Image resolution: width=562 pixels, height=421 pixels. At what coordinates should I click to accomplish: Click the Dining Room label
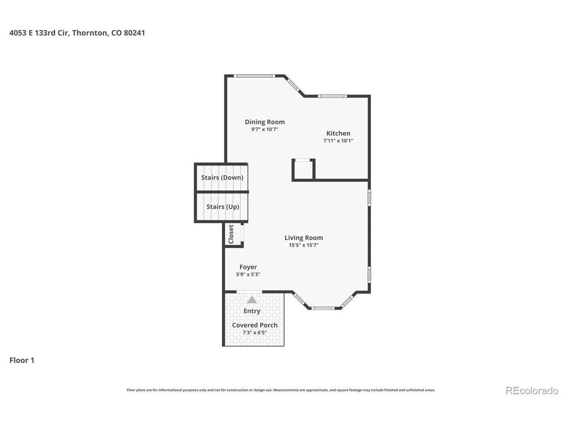coord(264,122)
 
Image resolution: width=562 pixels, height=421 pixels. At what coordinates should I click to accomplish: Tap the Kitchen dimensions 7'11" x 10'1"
coord(338,140)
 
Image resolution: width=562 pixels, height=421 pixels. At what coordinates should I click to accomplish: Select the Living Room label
coord(303,238)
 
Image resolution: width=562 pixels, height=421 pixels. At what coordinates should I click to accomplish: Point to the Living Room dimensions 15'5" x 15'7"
coord(303,245)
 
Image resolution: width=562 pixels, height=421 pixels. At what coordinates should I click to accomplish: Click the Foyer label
coord(248,267)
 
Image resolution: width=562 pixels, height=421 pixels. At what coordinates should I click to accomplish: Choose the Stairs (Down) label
coord(222,178)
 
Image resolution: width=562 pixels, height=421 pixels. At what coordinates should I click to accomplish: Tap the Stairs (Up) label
coord(223,207)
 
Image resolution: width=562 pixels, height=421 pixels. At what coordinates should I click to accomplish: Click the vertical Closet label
coord(231,234)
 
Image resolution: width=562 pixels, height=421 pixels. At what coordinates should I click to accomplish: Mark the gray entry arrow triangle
coord(252,300)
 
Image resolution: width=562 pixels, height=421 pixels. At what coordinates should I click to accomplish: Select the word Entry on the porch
coord(252,311)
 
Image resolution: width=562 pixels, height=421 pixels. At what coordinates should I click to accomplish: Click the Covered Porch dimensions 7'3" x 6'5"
coord(255,332)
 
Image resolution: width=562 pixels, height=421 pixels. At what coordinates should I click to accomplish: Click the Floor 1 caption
coord(22,360)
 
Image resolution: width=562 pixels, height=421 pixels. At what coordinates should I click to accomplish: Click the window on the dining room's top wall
coord(254,76)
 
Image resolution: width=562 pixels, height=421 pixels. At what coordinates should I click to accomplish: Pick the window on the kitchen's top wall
coord(332,96)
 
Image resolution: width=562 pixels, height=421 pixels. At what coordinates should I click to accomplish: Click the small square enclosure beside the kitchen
coord(303,169)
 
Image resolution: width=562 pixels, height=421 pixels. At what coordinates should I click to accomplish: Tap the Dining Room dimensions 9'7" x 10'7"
coord(264,129)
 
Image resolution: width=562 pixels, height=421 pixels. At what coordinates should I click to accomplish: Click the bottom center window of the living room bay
coord(324,308)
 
